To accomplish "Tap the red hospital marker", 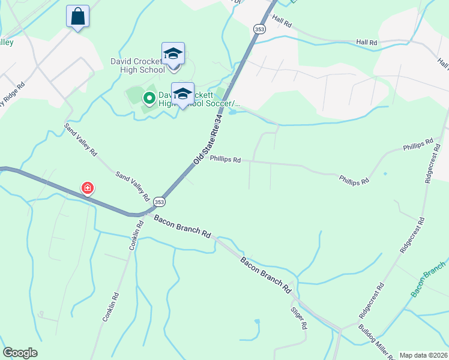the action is coord(88,188).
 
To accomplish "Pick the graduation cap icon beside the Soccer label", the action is coord(182,93).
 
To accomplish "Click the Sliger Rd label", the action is coord(300,317).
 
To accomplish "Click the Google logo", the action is coord(20,353).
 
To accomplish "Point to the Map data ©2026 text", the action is coord(423,355).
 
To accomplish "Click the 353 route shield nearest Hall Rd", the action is coord(259,29).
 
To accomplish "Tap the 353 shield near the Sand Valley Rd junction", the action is coord(158,202).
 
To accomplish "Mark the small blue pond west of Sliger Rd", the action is coord(258,322).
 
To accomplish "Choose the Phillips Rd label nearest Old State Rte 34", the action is coord(226,160).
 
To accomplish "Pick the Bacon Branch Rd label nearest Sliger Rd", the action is coord(265,275).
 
